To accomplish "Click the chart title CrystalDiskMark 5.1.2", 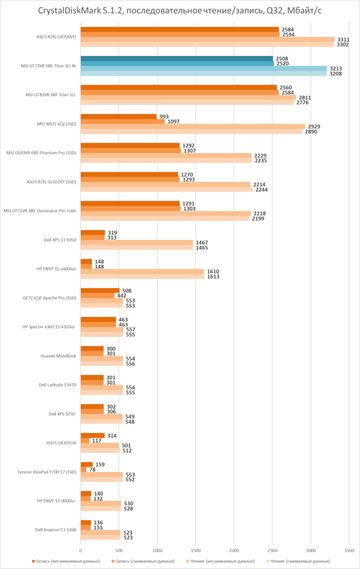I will [x=180, y=12].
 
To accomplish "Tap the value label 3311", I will [x=343, y=40].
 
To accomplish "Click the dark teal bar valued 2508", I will [x=177, y=58].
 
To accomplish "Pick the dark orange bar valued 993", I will [x=119, y=116].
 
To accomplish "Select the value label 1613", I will [x=213, y=277].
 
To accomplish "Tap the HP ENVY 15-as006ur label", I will [x=56, y=269].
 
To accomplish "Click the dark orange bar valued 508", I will [x=100, y=290].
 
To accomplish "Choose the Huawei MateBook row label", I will [x=59, y=356].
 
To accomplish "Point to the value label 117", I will [x=97, y=440].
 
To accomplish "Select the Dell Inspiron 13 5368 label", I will [x=56, y=529].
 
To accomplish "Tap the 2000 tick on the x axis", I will [x=233, y=548].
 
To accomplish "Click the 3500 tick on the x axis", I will [x=348, y=548].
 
